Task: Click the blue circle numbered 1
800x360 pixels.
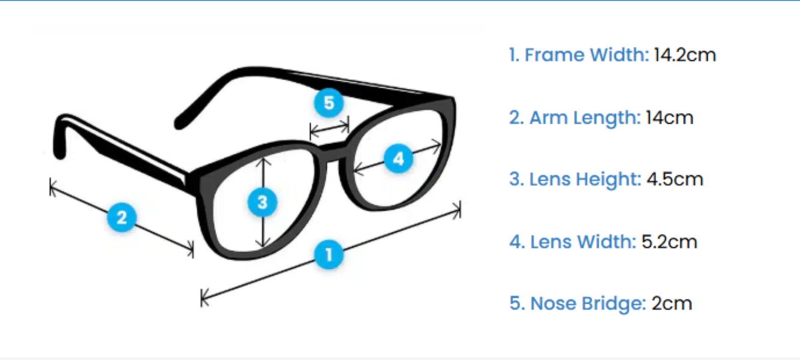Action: point(329,254)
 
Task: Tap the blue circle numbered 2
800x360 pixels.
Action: point(122,217)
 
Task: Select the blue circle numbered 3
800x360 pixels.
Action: point(263,203)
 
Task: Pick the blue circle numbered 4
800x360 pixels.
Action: point(399,159)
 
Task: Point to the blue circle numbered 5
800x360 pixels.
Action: point(329,103)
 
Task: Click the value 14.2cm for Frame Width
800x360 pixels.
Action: point(685,55)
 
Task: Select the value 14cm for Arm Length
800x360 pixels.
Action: point(669,118)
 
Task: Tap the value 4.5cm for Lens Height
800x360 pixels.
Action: point(675,179)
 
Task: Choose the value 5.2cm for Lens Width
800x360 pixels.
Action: point(669,242)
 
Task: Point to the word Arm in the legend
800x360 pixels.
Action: point(549,118)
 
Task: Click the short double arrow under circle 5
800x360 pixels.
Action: point(329,128)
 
